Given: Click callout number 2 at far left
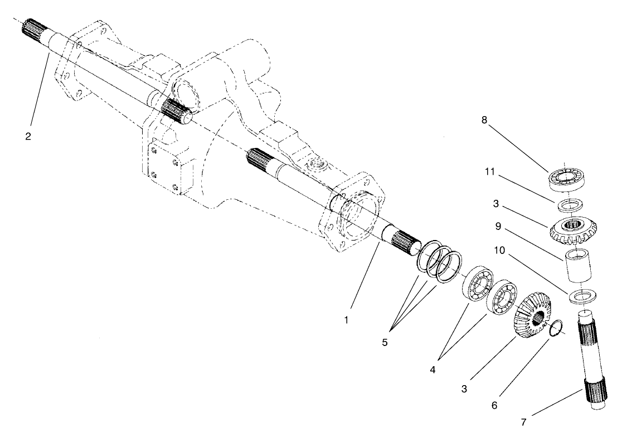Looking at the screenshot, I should tap(28, 136).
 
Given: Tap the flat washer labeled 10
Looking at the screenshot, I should tap(582, 296).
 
